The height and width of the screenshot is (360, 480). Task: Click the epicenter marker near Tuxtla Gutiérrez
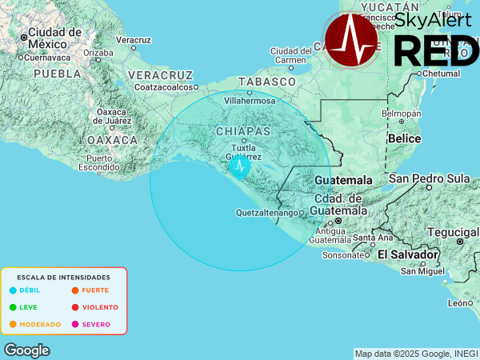click(x=240, y=166)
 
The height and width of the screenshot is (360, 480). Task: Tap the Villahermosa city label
click(x=249, y=102)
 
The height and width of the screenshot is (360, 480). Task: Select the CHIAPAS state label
click(x=243, y=130)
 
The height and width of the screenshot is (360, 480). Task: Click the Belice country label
click(x=403, y=138)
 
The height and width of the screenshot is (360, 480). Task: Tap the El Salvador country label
click(x=408, y=254)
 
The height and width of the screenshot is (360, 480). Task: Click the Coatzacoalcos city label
click(x=165, y=86)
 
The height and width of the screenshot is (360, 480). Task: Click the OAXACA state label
click(x=113, y=139)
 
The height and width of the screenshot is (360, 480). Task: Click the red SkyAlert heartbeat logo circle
click(x=351, y=40)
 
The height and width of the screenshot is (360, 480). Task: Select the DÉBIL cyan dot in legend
click(x=13, y=290)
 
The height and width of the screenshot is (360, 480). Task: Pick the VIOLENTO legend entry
click(x=99, y=307)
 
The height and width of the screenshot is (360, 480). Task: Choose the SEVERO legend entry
click(x=96, y=324)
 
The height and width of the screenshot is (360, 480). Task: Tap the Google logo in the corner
click(x=26, y=350)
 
